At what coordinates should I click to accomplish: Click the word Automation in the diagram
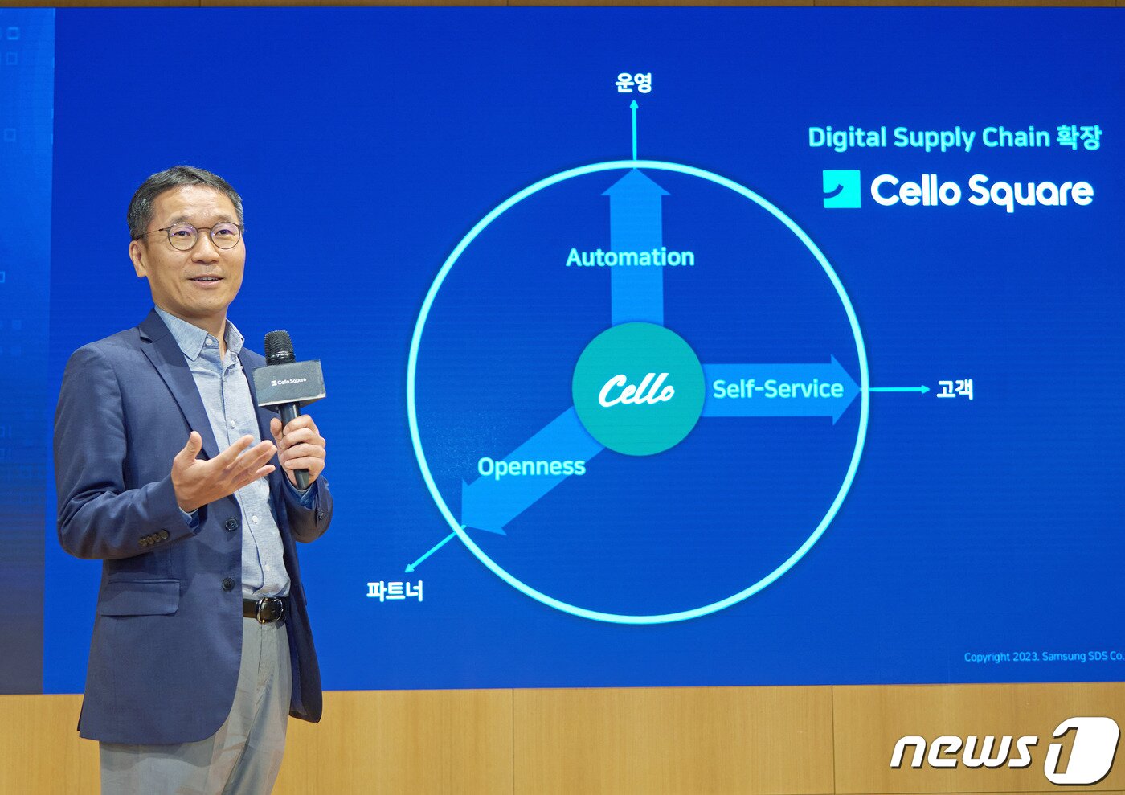[630, 257]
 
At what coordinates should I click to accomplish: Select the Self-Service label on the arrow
[778, 389]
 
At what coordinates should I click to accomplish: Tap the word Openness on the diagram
[531, 467]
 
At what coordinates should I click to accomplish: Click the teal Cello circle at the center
[637, 389]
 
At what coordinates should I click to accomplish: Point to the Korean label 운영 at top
[634, 83]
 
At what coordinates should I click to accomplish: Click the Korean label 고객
[955, 389]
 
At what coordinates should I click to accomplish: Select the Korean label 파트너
[395, 591]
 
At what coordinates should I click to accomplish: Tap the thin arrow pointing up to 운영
[634, 129]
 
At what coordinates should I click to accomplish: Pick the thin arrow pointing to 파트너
[432, 551]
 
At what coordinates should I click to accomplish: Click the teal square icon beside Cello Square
[842, 189]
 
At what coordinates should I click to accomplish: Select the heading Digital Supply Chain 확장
[955, 137]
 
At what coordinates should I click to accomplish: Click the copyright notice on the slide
[1044, 656]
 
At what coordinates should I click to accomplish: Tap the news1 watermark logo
[1005, 751]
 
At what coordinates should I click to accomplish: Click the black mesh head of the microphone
[280, 347]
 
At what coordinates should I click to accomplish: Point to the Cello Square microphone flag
[288, 383]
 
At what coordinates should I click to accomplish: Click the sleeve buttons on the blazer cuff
[153, 539]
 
